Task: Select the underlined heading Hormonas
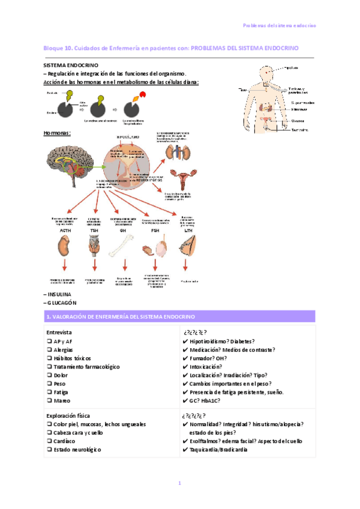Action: click(57, 133)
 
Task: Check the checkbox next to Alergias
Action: click(49, 349)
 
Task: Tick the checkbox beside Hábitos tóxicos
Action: click(49, 358)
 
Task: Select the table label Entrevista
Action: click(59, 332)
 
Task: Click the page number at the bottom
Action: click(179, 484)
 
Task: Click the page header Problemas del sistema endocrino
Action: click(279, 25)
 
